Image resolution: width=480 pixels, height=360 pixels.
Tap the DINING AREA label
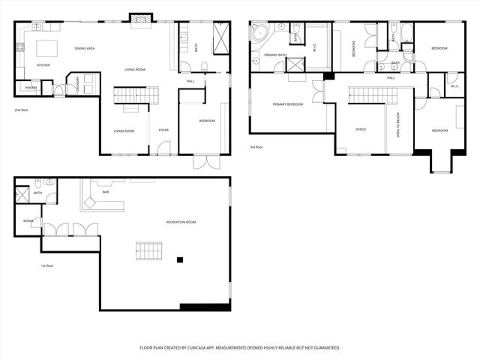click(x=85, y=49)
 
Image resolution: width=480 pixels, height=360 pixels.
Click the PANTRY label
click(x=31, y=88)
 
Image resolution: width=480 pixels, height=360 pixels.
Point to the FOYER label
click(x=163, y=130)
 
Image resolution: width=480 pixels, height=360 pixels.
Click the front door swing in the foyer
click(x=163, y=148)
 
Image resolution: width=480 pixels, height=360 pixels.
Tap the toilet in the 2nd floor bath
click(x=184, y=66)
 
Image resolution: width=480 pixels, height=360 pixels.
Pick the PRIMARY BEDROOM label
click(x=288, y=104)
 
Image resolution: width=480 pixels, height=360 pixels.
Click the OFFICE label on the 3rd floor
click(x=361, y=130)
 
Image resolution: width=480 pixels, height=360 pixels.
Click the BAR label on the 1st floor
click(x=105, y=192)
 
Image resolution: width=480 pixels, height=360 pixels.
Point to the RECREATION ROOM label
click(x=181, y=222)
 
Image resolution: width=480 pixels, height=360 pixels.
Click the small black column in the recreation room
click(x=179, y=259)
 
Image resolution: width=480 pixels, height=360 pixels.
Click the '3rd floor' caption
click(x=256, y=147)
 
